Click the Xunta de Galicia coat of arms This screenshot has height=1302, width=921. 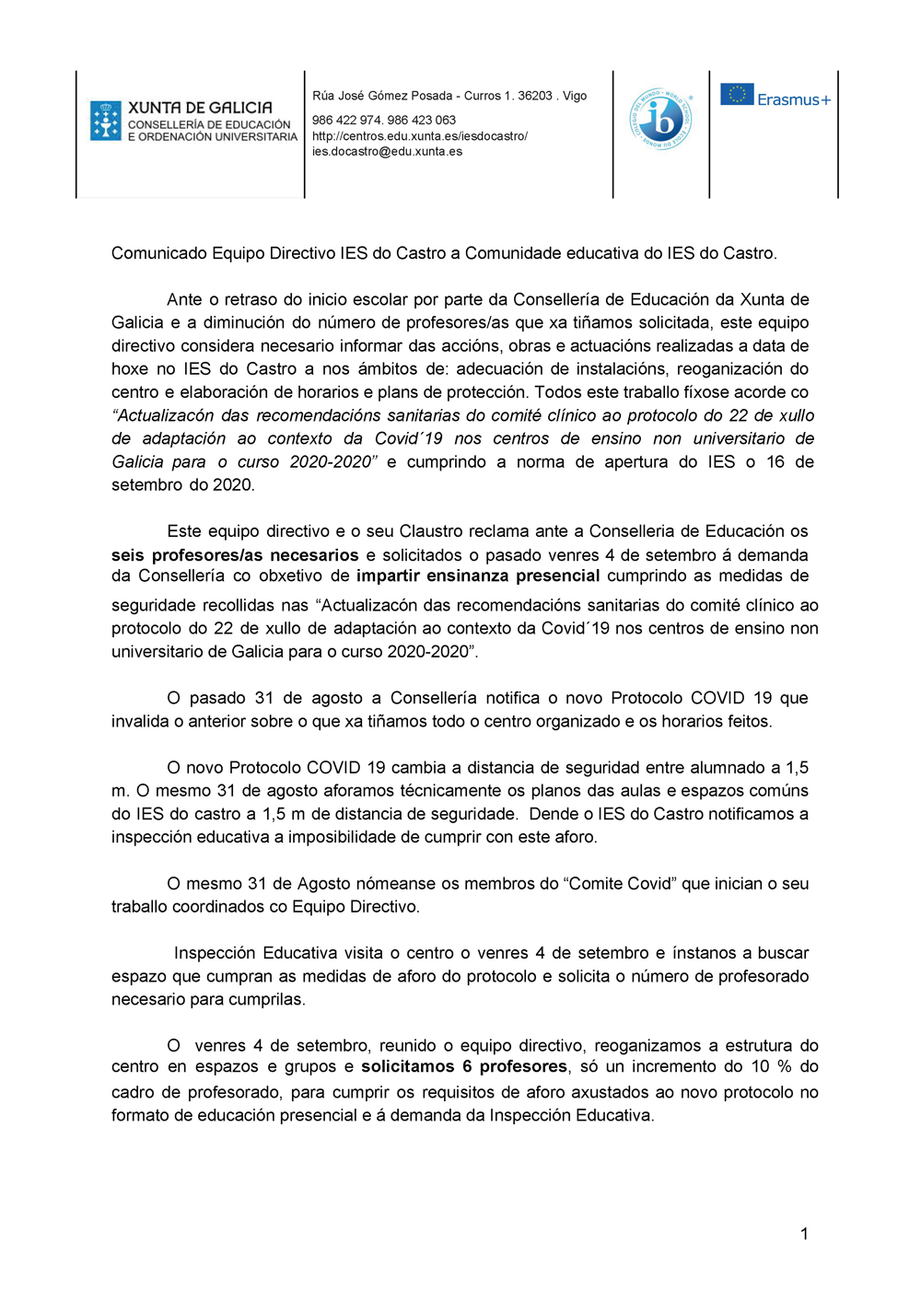point(106,121)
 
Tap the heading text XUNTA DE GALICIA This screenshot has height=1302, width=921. point(200,108)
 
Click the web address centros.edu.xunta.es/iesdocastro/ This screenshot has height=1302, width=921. point(420,136)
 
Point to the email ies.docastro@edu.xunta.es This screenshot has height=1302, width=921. point(387,152)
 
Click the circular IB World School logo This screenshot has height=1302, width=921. point(661,119)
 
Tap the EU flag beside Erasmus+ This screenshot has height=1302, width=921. point(737,95)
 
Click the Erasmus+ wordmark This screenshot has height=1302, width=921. point(794,99)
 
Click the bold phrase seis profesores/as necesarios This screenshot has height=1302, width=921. point(235,555)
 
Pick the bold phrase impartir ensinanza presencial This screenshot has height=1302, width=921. point(478,576)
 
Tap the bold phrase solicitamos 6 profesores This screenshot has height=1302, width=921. point(464,1067)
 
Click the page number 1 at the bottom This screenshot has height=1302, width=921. point(804,1234)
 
